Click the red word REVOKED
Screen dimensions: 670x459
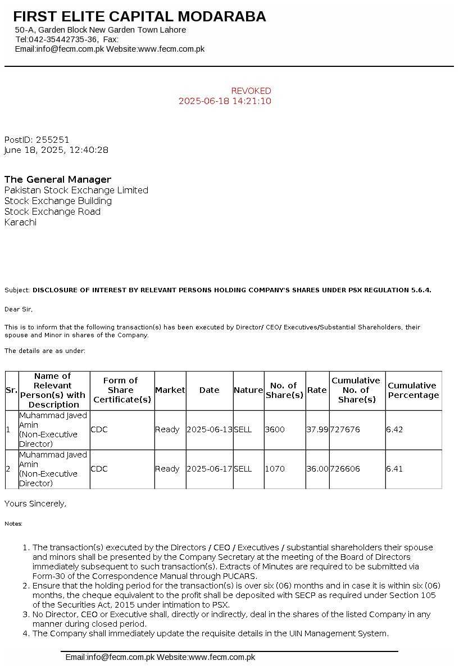click(x=251, y=91)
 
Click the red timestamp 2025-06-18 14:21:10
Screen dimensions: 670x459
click(x=225, y=101)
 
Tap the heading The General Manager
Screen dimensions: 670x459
click(x=58, y=179)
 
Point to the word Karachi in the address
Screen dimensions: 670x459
click(x=20, y=222)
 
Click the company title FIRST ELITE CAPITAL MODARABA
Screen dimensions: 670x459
click(x=139, y=17)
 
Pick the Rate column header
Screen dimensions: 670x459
click(x=317, y=390)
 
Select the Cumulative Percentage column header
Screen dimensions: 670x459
click(x=413, y=390)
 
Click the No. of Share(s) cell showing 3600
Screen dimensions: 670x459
click(x=275, y=429)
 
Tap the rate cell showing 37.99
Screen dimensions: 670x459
click(x=317, y=429)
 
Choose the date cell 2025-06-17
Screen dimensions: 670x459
click(x=209, y=469)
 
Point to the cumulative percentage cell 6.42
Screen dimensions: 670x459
click(x=394, y=429)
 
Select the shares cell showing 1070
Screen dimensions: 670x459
click(x=275, y=469)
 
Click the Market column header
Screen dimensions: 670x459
click(x=170, y=390)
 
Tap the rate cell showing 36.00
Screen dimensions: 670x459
click(x=317, y=469)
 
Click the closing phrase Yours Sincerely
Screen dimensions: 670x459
click(x=35, y=504)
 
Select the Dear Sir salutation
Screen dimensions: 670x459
click(x=18, y=309)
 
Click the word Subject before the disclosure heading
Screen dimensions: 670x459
click(x=17, y=290)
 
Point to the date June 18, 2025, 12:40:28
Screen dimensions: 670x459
click(x=56, y=150)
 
